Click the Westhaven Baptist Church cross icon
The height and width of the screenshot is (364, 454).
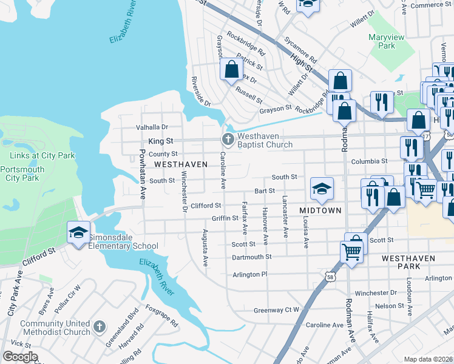(228, 141)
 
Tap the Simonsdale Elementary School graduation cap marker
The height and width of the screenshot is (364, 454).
(78, 232)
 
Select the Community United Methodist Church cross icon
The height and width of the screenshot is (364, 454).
(99, 328)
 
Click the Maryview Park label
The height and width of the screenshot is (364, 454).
(386, 41)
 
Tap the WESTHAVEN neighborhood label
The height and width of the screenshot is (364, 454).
(181, 164)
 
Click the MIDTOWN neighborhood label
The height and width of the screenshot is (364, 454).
(320, 210)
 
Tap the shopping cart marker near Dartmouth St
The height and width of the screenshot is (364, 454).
(352, 251)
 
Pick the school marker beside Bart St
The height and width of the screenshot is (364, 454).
(322, 188)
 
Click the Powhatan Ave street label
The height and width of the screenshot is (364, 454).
(143, 175)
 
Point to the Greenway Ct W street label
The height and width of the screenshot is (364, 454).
(277, 310)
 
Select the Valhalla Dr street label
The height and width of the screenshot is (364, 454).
(152, 127)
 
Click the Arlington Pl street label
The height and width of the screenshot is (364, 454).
(250, 274)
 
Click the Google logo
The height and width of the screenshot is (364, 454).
(20, 356)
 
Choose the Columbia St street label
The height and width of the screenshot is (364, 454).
(368, 161)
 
